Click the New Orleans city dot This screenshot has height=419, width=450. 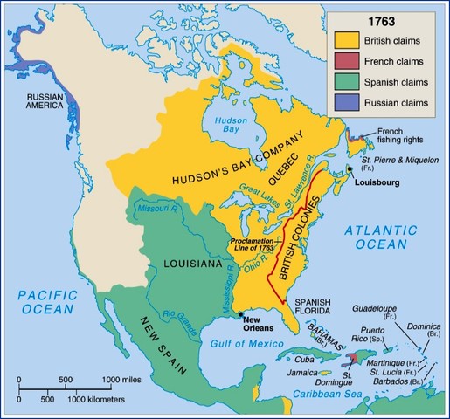coord(239,313)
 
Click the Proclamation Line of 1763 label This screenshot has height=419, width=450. coord(253,244)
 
